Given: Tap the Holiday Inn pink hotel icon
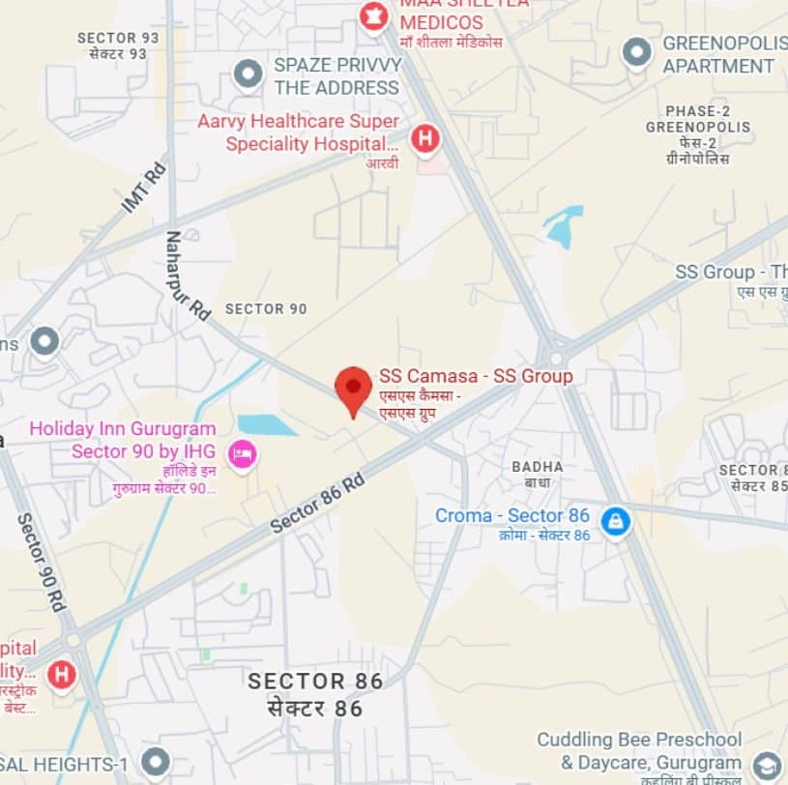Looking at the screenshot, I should (242, 453).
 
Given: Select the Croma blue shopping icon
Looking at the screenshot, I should (615, 523).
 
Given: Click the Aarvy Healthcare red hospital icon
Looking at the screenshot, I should (424, 139).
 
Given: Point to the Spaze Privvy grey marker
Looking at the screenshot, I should (248, 73).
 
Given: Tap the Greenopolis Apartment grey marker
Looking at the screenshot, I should (636, 52).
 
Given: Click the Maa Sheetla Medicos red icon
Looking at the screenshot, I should (372, 15).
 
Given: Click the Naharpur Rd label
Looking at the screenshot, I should (187, 275).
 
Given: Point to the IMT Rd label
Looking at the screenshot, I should (144, 189).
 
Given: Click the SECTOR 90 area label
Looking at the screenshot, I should (266, 309).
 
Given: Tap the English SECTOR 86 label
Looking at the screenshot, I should (315, 681).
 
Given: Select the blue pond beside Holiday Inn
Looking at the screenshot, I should (267, 425).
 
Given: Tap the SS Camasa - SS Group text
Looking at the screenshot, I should (476, 376).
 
